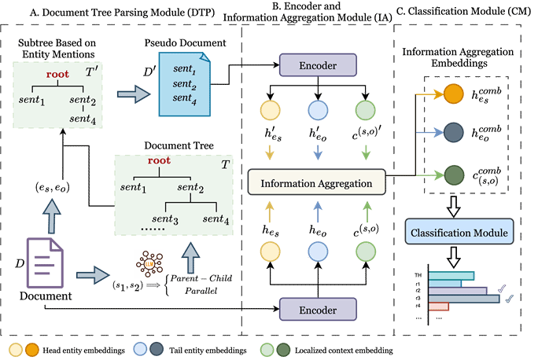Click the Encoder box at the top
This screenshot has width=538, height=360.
[318, 64]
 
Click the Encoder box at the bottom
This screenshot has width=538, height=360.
[318, 310]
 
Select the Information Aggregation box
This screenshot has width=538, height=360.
[316, 182]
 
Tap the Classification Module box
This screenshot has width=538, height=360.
[459, 232]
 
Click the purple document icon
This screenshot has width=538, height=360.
[46, 263]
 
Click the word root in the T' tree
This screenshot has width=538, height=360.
[57, 74]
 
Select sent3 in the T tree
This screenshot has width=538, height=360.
[166, 218]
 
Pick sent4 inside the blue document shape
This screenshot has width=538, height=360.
[184, 97]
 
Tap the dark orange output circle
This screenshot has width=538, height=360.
[454, 94]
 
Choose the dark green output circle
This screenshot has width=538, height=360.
[454, 174]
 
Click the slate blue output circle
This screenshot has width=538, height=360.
[454, 133]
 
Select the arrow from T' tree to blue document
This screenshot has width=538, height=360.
[133, 94]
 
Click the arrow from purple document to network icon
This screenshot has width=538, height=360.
[93, 275]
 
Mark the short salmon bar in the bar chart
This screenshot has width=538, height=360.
[439, 306]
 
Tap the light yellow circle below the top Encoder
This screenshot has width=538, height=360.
[270, 112]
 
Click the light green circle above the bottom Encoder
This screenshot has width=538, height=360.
[365, 252]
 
